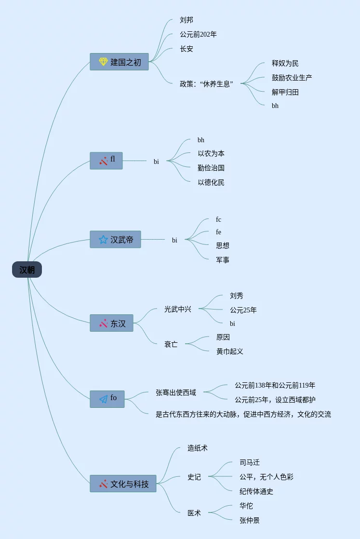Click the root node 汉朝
click(x=27, y=270)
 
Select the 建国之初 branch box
click(x=119, y=62)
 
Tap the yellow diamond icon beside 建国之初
click(x=103, y=62)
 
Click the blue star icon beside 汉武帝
click(x=103, y=240)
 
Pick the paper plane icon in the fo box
click(x=103, y=399)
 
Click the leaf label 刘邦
click(x=187, y=20)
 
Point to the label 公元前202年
click(x=198, y=35)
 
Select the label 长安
click(x=187, y=49)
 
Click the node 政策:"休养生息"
click(x=206, y=84)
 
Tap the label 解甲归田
click(x=285, y=92)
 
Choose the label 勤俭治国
click(x=211, y=168)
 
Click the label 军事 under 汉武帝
click(x=223, y=260)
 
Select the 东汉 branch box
click(x=111, y=323)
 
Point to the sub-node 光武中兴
click(x=178, y=310)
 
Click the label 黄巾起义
click(x=230, y=351)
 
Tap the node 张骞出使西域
click(x=176, y=393)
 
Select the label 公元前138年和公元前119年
click(x=275, y=386)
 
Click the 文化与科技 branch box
click(x=123, y=484)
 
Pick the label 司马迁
click(x=250, y=463)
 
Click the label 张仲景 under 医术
click(x=250, y=521)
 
